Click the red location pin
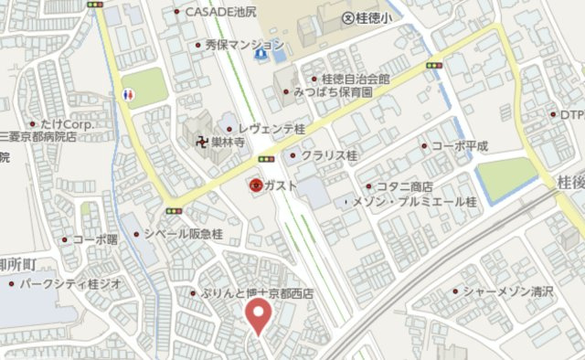pyautogui.click(x=260, y=316)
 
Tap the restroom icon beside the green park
pyautogui.click(x=127, y=93)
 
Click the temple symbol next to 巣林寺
pyautogui.click(x=194, y=143)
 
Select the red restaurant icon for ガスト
pyautogui.click(x=256, y=185)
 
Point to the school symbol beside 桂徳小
pyautogui.click(x=347, y=18)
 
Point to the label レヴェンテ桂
pyautogui.click(x=272, y=131)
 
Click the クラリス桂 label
pyautogui.click(x=329, y=155)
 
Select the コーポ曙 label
pyautogui.click(x=95, y=239)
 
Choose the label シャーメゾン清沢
pyautogui.click(x=502, y=292)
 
